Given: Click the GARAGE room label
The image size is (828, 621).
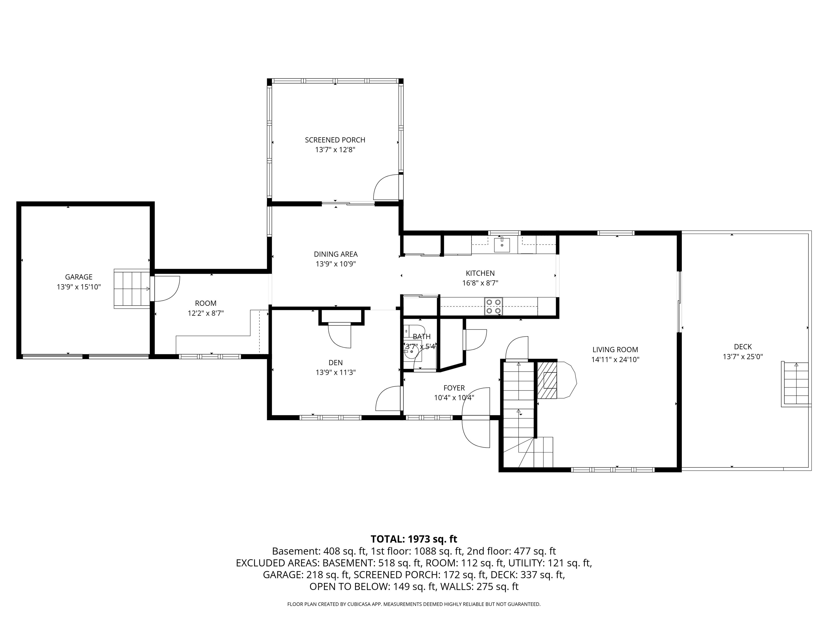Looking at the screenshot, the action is [x=79, y=277].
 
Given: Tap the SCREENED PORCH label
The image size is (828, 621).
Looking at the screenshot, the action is [x=335, y=140].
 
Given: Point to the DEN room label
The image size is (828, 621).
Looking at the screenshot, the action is [x=335, y=362].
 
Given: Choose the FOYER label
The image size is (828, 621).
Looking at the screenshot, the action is [x=454, y=388].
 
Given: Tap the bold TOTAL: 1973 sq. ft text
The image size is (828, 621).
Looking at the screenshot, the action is [x=414, y=539].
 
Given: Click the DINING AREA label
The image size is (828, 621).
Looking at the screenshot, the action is [x=336, y=254].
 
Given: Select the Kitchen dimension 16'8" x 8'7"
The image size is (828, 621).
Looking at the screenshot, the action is [x=480, y=283].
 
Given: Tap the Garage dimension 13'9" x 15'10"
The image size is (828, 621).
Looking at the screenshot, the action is [x=79, y=287].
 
